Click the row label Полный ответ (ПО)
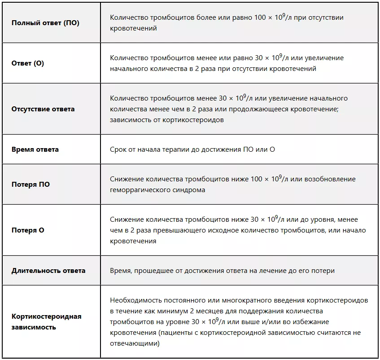point(45,23)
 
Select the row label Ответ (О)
point(28,63)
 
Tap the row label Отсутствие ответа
point(43,109)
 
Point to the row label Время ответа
point(35,149)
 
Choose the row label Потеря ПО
point(31,184)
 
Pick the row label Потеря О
point(28,230)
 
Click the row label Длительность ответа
point(48,271)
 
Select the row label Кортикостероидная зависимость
point(46,322)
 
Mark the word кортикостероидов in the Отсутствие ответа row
point(197,120)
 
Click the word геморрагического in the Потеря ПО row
point(137,190)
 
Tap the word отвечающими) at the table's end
point(135,343)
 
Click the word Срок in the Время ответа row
point(118,149)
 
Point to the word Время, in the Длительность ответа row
point(121,271)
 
